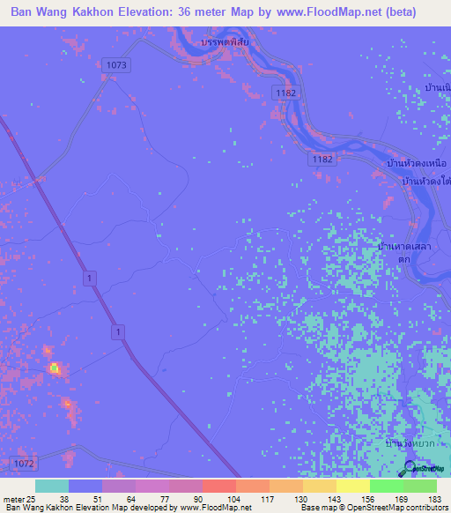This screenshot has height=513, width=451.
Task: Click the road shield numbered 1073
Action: point(116,65)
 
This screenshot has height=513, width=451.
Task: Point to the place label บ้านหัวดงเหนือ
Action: point(418,163)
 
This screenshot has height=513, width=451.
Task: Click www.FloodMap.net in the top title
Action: point(313,12)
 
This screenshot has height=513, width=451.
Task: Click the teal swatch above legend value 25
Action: point(51,486)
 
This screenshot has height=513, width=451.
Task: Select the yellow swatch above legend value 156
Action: point(352,486)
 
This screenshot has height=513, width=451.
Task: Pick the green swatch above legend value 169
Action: point(386,486)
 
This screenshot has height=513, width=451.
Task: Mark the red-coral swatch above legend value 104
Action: point(218,486)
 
